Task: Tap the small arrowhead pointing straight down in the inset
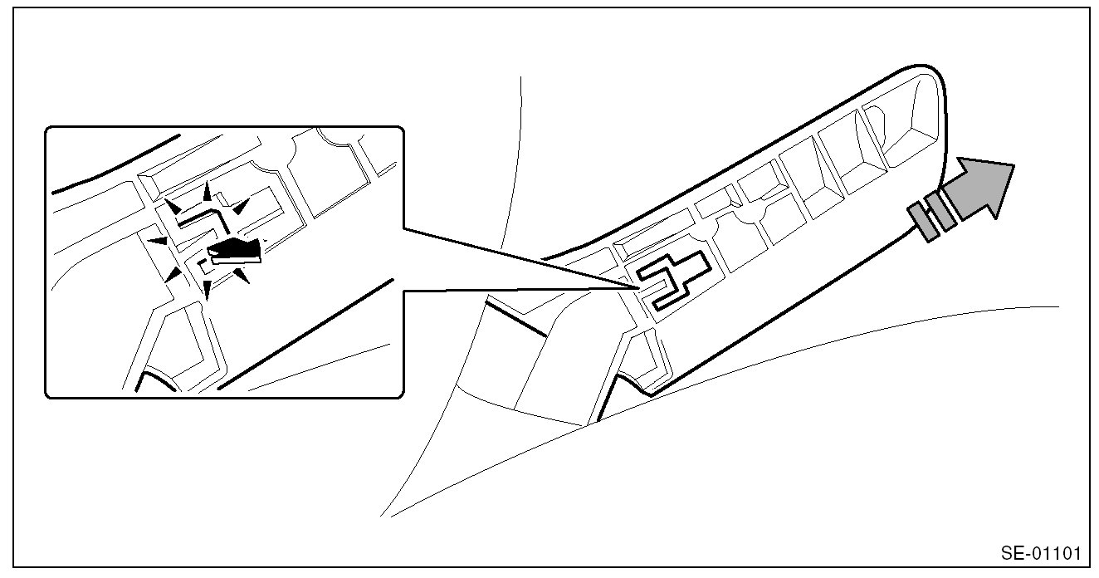pyautogui.click(x=206, y=291)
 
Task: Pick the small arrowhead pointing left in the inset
pyautogui.click(x=158, y=242)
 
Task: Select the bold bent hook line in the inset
pyautogui.click(x=203, y=218)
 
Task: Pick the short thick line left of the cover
pyautogui.click(x=515, y=319)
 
